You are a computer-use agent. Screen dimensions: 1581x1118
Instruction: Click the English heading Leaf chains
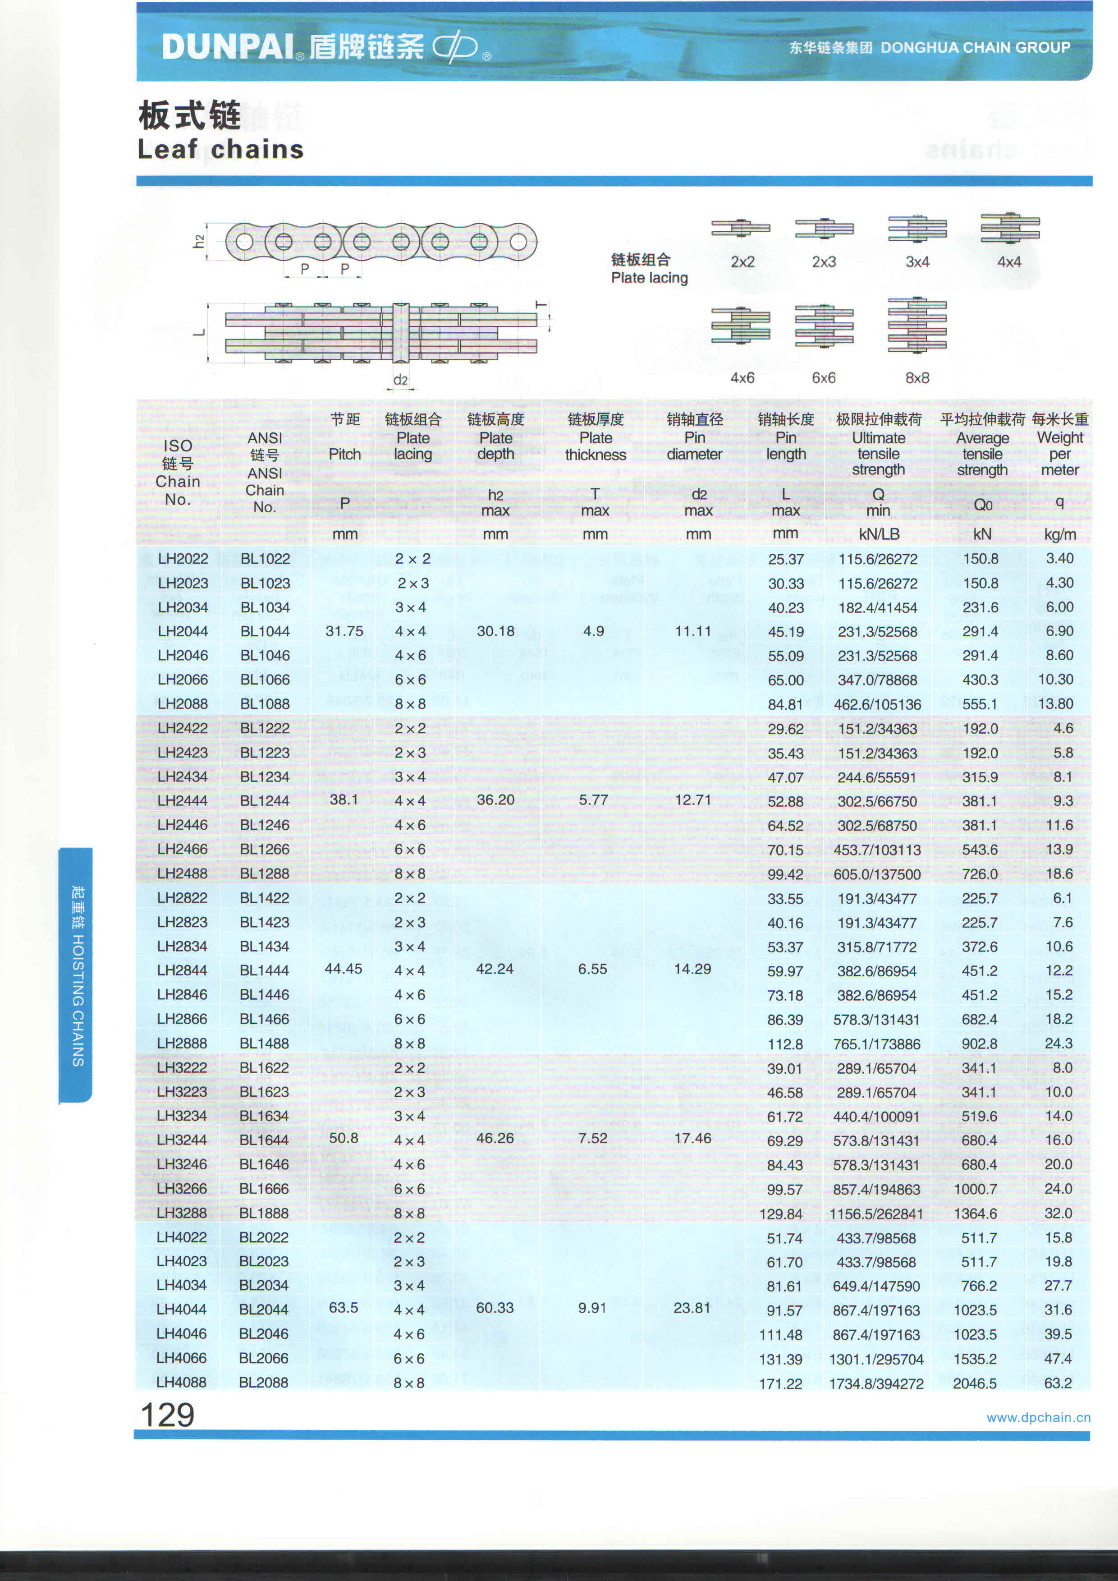[220, 149]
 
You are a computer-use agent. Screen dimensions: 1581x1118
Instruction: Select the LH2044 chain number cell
[183, 631]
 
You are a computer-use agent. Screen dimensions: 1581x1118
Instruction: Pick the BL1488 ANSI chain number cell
[264, 1043]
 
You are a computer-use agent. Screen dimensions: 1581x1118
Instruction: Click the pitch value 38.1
[344, 800]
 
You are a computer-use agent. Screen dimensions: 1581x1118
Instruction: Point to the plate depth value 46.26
[495, 1138]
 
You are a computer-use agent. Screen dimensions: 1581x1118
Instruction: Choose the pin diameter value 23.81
[692, 1308]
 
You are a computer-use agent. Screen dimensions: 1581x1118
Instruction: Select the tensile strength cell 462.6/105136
[878, 704]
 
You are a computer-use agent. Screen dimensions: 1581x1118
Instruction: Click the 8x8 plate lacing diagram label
[917, 378]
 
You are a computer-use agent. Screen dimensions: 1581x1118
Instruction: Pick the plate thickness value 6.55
[593, 969]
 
